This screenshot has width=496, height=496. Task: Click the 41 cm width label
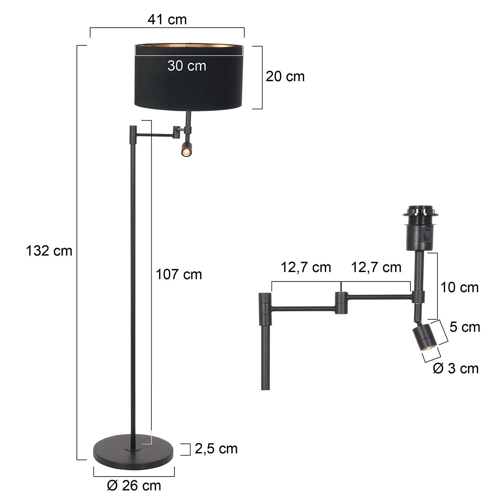(167, 19)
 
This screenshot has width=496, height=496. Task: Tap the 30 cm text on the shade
(187, 65)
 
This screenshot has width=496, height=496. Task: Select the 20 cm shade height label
(285, 76)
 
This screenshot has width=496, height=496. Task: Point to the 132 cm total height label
(49, 250)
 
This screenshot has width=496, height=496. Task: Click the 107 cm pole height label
(179, 274)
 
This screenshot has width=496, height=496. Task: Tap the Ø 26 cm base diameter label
(134, 485)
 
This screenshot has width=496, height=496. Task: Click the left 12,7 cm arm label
(306, 267)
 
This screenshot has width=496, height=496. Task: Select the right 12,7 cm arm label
(376, 267)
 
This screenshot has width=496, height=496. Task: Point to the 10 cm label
(459, 287)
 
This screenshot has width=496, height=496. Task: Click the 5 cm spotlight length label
(465, 327)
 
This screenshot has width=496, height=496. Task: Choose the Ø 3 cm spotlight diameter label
(455, 368)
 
